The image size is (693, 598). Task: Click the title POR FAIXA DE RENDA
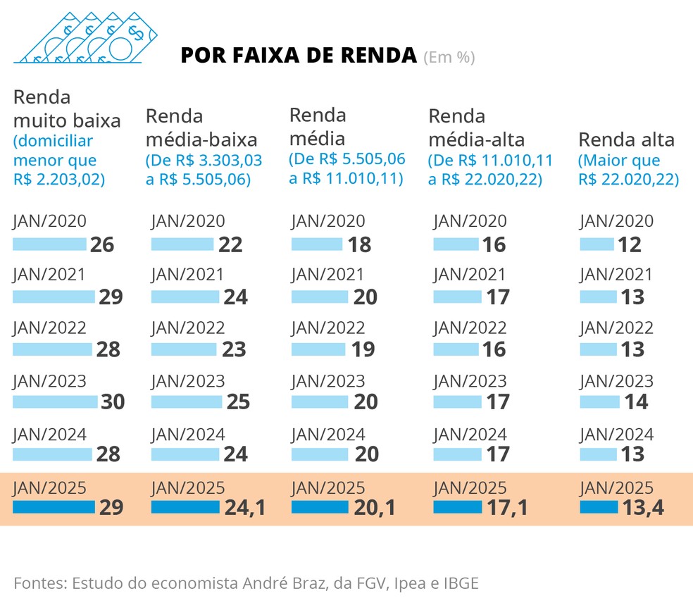click(299, 56)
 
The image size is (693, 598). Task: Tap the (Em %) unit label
click(449, 57)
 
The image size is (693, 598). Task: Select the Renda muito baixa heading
click(67, 108)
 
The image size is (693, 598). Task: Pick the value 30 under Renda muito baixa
click(113, 401)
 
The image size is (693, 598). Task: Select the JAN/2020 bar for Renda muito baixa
click(49, 244)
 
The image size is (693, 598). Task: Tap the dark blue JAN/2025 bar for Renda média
click(320, 507)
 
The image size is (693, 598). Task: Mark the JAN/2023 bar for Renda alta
click(599, 401)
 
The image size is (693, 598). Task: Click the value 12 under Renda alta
click(630, 244)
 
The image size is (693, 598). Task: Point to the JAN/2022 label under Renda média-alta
click(470, 328)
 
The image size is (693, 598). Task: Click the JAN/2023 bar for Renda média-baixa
click(186, 401)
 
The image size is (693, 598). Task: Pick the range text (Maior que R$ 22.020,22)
click(628, 170)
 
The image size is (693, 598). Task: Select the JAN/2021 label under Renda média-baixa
click(187, 275)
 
